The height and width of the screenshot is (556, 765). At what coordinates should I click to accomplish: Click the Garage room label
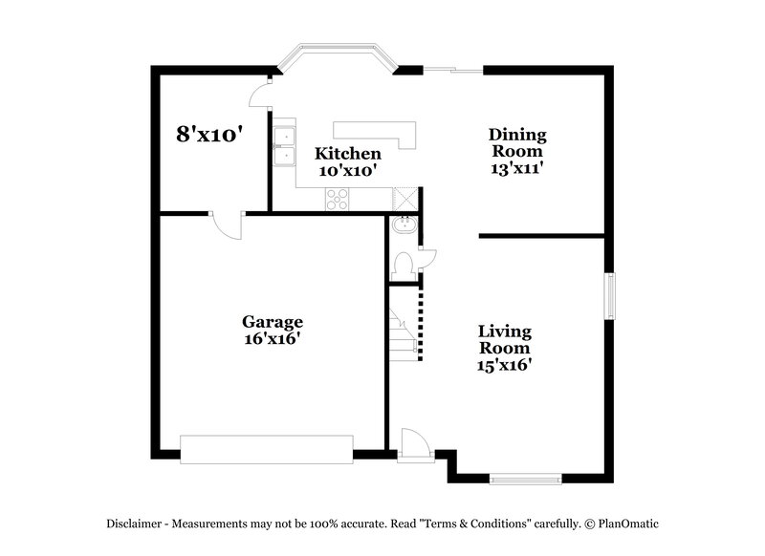[272, 322]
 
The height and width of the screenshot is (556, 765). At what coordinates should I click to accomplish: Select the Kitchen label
[348, 154]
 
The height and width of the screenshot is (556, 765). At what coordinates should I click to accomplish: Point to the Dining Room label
[516, 142]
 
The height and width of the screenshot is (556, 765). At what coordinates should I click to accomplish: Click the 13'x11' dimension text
[516, 167]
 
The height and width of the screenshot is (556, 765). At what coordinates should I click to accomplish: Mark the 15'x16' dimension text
[505, 364]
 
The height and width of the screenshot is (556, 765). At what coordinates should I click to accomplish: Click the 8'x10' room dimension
[206, 134]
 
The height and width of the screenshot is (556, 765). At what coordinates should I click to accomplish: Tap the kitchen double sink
[284, 148]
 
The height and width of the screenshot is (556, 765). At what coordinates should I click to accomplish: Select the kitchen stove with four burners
[338, 198]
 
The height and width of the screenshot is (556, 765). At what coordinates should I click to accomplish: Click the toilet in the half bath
[404, 263]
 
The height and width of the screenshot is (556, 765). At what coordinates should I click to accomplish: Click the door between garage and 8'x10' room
[228, 223]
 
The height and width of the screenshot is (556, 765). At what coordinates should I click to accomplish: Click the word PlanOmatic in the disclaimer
[627, 523]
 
